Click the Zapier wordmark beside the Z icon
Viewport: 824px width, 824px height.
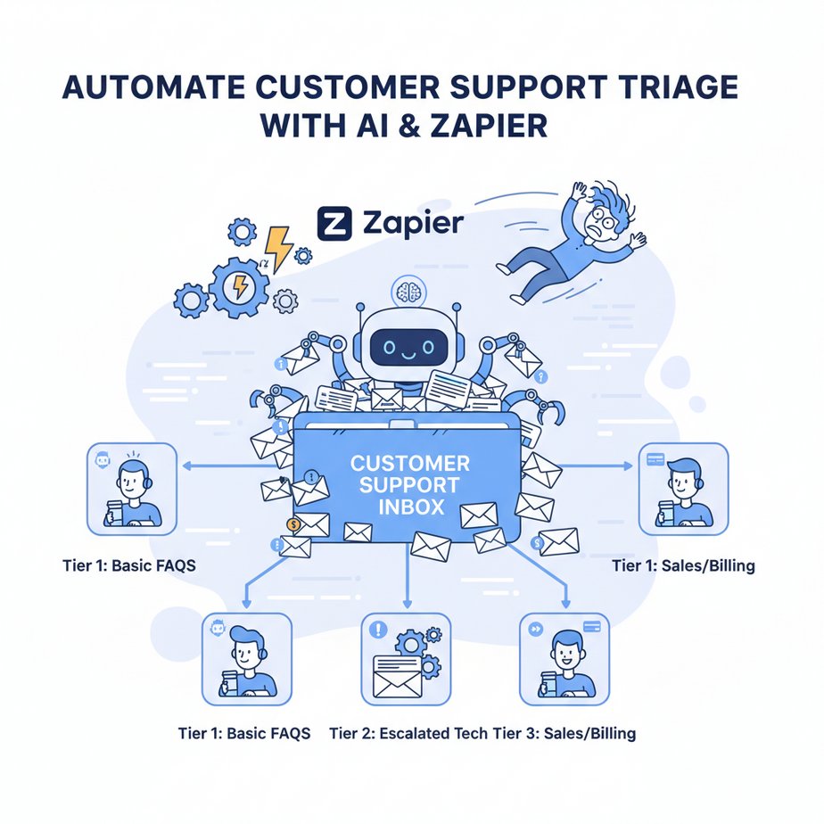413,222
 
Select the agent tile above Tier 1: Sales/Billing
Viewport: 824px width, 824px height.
684,489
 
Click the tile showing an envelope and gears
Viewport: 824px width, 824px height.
407,657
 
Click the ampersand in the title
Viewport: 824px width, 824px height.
400,125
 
